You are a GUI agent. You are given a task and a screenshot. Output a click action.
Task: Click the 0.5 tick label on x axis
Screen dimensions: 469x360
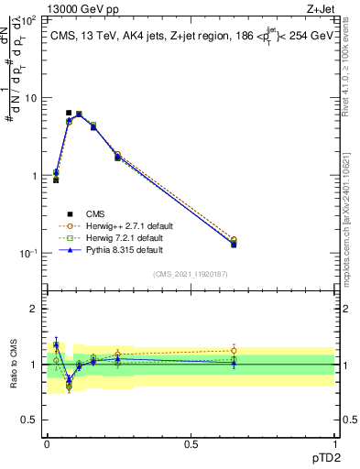click(x=191, y=443)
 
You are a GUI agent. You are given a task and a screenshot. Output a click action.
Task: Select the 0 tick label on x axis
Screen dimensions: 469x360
click(x=47, y=443)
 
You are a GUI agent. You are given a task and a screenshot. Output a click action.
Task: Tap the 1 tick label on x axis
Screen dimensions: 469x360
click(x=335, y=443)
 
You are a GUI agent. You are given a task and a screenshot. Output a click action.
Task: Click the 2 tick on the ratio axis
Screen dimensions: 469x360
click(x=35, y=309)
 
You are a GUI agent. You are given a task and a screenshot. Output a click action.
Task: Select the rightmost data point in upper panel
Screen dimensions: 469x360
click(x=234, y=244)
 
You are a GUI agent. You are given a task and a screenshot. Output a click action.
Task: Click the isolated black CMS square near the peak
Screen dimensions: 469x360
click(x=69, y=113)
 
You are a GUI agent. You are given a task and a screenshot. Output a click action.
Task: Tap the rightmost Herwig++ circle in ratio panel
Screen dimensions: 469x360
click(x=234, y=350)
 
